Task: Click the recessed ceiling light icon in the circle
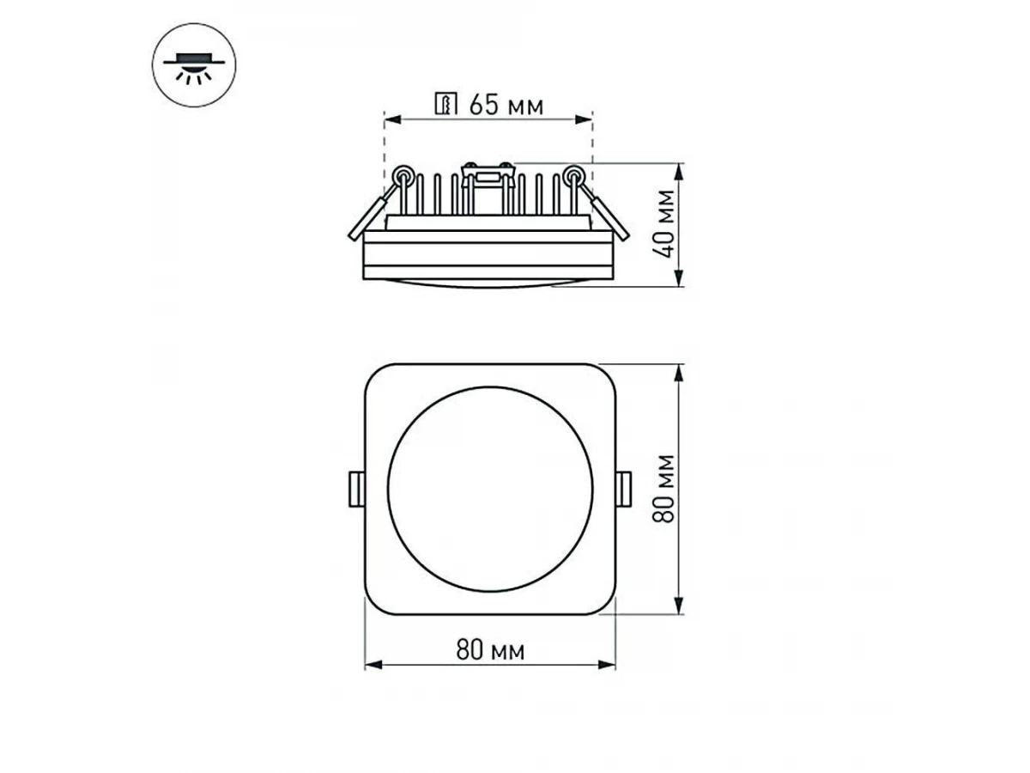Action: pos(193,64)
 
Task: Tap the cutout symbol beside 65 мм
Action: pos(445,103)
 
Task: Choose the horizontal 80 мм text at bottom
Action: pos(490,650)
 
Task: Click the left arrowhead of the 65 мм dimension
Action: pos(393,119)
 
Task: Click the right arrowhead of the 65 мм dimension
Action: pos(584,119)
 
